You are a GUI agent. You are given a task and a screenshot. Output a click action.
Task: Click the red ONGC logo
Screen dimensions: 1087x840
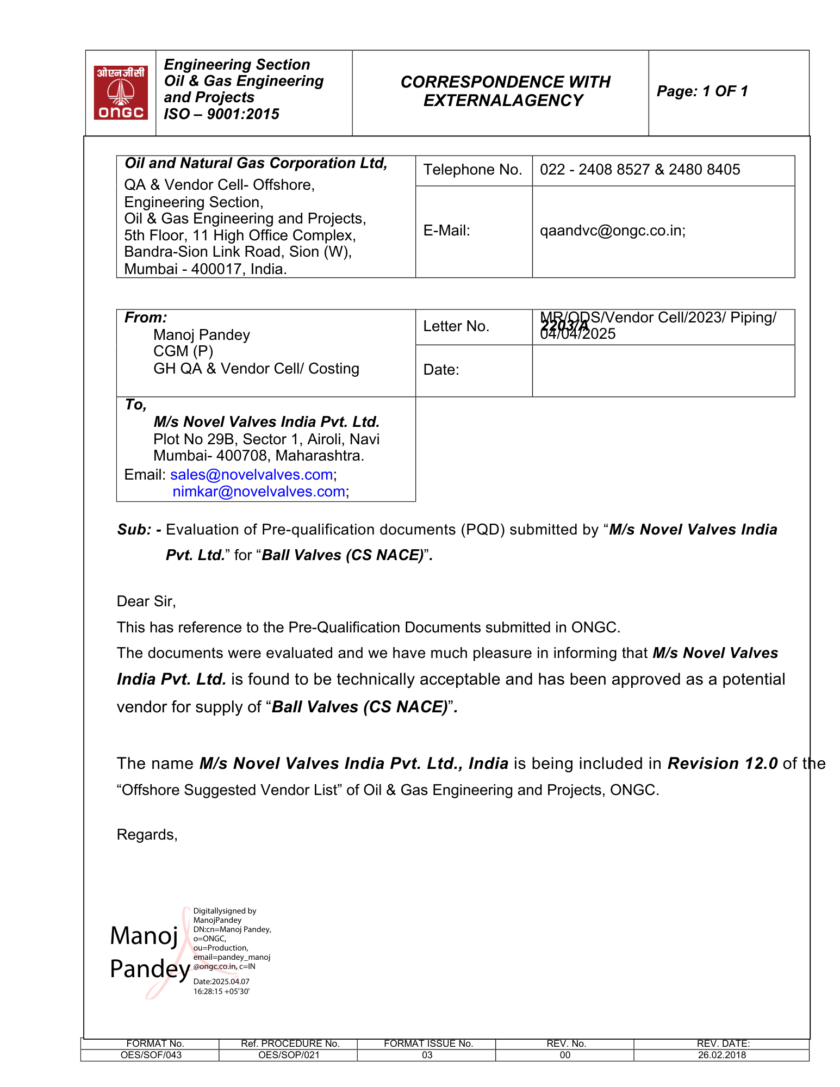point(121,92)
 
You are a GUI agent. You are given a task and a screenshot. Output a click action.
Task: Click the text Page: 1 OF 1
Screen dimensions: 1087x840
point(702,91)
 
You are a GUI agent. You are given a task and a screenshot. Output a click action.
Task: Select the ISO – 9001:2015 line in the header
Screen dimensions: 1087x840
point(221,114)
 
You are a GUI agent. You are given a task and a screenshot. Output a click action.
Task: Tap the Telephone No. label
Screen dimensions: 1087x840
point(472,170)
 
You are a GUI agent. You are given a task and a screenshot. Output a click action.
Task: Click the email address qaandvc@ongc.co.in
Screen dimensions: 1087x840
point(612,231)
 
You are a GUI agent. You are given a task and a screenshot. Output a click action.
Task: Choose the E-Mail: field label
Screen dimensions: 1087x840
point(446,231)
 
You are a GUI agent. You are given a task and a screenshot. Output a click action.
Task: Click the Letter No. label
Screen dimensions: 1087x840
point(456,326)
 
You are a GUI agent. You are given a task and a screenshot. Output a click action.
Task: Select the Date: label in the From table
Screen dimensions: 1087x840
point(441,370)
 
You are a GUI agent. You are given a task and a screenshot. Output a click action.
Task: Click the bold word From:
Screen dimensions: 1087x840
point(146,318)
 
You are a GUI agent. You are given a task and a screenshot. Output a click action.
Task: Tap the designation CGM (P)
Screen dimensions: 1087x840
point(183,351)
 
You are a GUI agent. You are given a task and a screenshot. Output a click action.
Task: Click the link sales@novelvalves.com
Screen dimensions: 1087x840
point(252,475)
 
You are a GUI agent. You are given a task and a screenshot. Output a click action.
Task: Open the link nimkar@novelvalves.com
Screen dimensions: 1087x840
point(259,492)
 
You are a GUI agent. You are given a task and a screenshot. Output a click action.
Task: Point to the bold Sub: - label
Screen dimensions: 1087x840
point(139,530)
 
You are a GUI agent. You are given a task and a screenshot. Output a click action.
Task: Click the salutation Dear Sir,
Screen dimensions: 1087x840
point(146,601)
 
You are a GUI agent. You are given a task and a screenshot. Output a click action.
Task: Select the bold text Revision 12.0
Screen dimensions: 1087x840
point(723,763)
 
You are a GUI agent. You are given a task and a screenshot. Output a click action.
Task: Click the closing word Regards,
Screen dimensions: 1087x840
point(147,835)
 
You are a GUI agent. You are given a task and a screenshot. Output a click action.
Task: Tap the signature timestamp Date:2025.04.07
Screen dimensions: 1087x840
point(221,982)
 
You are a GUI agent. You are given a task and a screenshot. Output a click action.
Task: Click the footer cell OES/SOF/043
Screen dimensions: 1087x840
point(151,1055)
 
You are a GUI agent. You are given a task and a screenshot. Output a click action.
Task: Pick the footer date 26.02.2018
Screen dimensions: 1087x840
point(721,1055)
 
